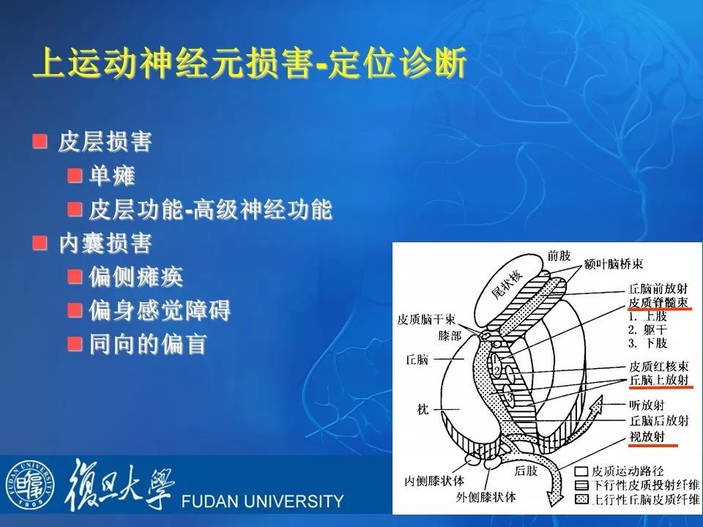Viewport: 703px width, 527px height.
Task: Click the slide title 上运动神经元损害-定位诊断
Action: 250,62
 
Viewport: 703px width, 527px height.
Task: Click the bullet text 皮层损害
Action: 105,142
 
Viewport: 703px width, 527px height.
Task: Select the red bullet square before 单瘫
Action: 75,175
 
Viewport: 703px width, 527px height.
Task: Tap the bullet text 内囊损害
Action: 105,243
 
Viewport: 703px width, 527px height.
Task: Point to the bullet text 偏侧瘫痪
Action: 136,277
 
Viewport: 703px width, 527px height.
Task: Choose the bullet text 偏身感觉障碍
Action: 159,310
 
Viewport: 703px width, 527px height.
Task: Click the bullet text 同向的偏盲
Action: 147,344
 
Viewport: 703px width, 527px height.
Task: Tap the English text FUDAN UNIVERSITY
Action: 262,501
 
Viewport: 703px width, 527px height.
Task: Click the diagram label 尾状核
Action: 507,285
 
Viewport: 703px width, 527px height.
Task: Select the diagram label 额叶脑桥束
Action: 614,264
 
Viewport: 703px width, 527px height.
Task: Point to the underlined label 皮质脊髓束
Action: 658,302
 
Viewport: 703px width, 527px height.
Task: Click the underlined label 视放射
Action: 647,436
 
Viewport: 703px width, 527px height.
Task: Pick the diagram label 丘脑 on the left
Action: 417,359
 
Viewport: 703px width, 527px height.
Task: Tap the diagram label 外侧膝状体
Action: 486,497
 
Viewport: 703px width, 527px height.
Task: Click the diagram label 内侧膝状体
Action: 434,481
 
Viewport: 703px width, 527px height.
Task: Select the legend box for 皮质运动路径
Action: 581,471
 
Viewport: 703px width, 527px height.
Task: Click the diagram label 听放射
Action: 647,405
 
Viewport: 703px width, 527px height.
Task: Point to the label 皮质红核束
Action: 658,366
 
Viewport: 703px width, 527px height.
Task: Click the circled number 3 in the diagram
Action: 510,397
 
